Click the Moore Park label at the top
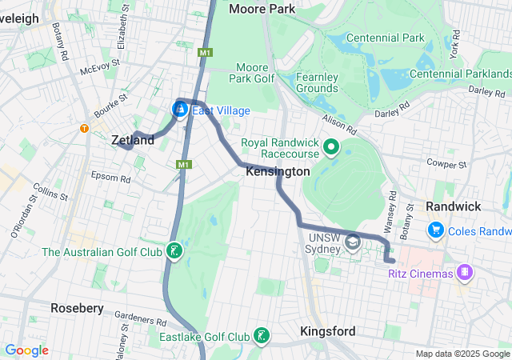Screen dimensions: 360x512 (x=262, y=9)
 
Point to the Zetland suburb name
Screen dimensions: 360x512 (x=133, y=140)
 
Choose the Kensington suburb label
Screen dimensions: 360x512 (x=278, y=171)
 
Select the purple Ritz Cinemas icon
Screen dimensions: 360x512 (x=464, y=273)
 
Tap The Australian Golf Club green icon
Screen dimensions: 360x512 (x=173, y=252)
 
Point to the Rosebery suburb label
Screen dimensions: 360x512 (x=77, y=308)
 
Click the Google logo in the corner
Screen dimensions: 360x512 (x=26, y=350)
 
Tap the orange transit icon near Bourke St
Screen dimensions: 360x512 (x=83, y=128)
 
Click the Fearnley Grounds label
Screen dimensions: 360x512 (x=318, y=82)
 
